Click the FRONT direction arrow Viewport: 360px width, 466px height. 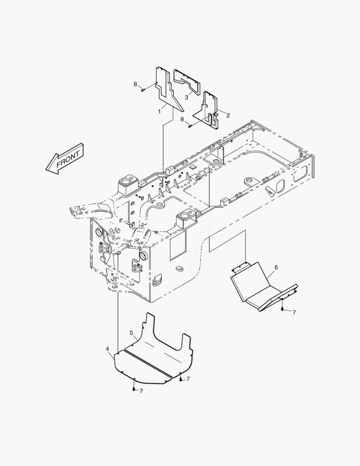[64, 159]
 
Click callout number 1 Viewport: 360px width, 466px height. [159, 111]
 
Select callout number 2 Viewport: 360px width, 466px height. [228, 115]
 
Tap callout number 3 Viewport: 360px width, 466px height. [186, 97]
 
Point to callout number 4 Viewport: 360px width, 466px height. [107, 348]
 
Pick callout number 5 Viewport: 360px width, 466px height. [131, 333]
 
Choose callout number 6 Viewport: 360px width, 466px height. [276, 268]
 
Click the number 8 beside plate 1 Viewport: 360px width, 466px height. [135, 84]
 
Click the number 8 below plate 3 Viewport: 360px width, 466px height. [182, 119]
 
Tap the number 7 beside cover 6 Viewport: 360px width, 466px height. [294, 312]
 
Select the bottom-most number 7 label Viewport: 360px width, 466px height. [141, 391]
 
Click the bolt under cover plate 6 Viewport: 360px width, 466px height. [282, 309]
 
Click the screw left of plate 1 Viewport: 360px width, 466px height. [142, 90]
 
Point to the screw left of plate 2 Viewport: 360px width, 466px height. [190, 126]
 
